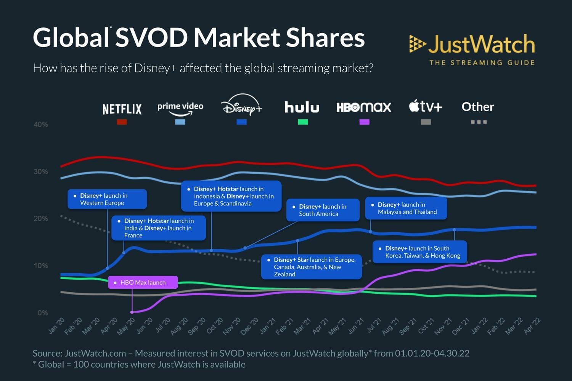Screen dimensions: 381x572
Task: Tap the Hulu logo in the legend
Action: (x=302, y=107)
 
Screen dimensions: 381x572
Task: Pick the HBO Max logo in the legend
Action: (x=364, y=107)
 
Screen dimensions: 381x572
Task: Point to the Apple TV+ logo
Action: (x=426, y=106)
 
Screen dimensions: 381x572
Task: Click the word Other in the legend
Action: (x=478, y=107)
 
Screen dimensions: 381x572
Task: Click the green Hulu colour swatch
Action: (x=303, y=122)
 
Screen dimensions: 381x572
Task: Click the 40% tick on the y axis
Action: (x=41, y=125)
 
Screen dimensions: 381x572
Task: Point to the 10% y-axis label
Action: (x=41, y=266)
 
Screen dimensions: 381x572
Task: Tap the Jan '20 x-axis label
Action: (x=57, y=326)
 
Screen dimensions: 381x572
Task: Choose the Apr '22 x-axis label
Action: (x=532, y=326)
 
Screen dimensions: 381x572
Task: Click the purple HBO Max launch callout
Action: (x=143, y=282)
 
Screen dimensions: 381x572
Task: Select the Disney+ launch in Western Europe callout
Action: (x=107, y=199)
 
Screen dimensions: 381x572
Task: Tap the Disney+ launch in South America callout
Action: (x=323, y=210)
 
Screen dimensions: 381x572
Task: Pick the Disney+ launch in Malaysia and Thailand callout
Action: (x=406, y=208)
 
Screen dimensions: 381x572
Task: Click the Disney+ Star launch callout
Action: (x=312, y=267)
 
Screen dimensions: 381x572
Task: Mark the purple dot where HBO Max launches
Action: (x=132, y=312)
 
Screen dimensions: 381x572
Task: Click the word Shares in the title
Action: (x=325, y=38)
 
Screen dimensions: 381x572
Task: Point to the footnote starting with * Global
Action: (x=139, y=365)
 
